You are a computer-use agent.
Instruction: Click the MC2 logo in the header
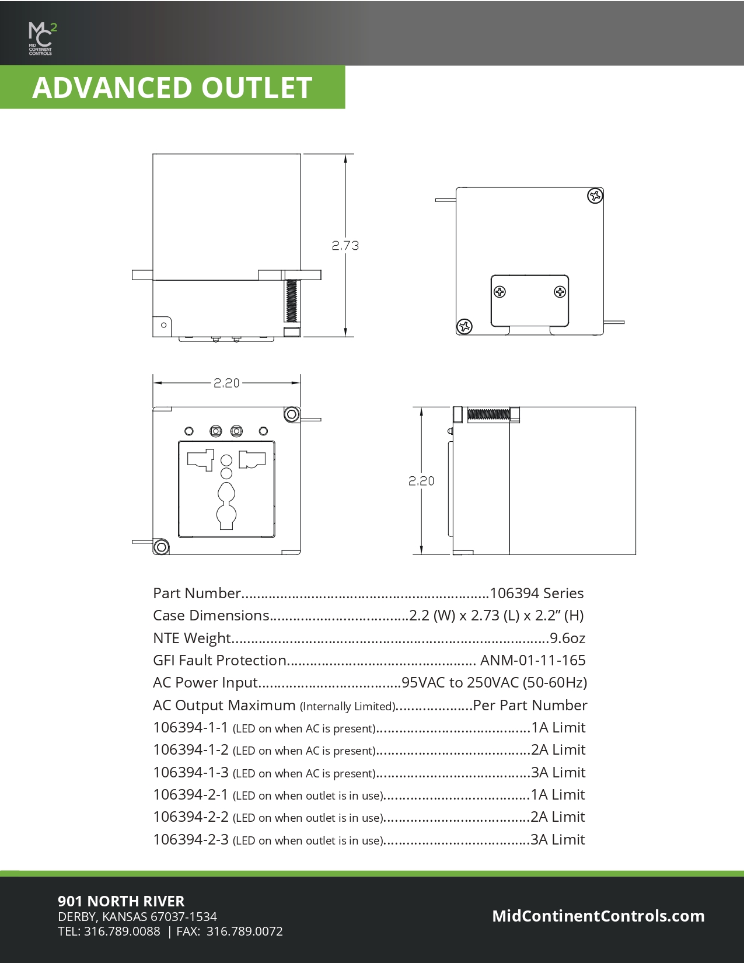point(42,38)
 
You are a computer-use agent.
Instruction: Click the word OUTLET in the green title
point(257,88)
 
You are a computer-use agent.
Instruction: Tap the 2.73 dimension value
point(345,246)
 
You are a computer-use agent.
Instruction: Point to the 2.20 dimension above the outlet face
point(226,383)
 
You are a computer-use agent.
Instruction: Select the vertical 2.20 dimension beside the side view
point(421,481)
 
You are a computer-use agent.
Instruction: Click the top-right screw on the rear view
point(595,196)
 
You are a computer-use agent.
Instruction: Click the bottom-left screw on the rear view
point(464,326)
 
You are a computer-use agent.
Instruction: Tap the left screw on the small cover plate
point(500,292)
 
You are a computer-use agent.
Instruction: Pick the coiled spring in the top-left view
point(291,301)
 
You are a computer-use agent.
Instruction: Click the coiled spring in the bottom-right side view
point(489,414)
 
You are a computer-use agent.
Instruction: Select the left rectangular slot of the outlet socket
point(200,460)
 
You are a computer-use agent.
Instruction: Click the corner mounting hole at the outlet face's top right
point(292,415)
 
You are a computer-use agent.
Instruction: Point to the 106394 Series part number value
point(536,594)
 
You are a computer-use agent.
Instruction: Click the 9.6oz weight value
point(567,638)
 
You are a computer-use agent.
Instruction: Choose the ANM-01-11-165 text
point(532,661)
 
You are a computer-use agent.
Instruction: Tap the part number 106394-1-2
point(191,750)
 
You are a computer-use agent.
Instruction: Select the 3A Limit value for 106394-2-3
point(557,840)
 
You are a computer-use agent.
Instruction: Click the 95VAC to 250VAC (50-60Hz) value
point(494,683)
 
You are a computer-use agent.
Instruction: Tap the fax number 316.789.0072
point(244,931)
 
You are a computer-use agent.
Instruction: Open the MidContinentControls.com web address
point(598,916)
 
